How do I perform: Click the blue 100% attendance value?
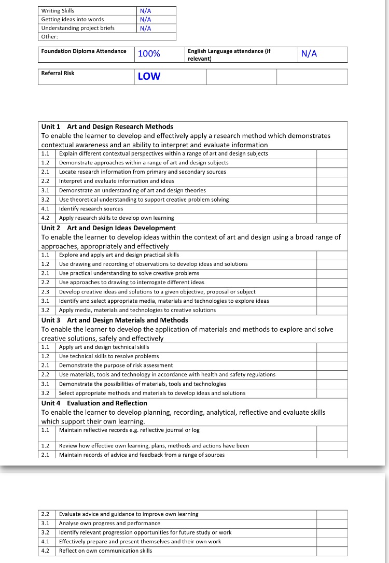(x=149, y=54)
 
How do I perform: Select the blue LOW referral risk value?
(x=149, y=76)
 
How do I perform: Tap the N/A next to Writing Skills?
(x=145, y=11)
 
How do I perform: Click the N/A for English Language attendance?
(x=309, y=54)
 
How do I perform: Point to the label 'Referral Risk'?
(x=58, y=73)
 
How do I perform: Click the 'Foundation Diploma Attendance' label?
(x=84, y=51)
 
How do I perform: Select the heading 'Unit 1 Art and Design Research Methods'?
(x=107, y=126)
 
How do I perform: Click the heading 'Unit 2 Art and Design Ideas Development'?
(x=108, y=228)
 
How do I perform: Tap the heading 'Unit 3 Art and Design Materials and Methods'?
(x=114, y=320)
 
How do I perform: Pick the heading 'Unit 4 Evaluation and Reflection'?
(x=94, y=403)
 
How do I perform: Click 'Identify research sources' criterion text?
(x=91, y=209)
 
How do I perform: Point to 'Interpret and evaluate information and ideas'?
(x=116, y=181)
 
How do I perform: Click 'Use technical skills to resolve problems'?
(x=109, y=356)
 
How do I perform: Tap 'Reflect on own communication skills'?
(x=105, y=551)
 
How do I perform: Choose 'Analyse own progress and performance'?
(x=109, y=523)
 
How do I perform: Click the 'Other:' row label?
(x=49, y=37)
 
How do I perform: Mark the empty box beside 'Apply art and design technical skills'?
(x=331, y=347)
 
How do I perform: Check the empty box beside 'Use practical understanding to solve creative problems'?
(x=331, y=273)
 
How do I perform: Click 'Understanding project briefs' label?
(x=78, y=28)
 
